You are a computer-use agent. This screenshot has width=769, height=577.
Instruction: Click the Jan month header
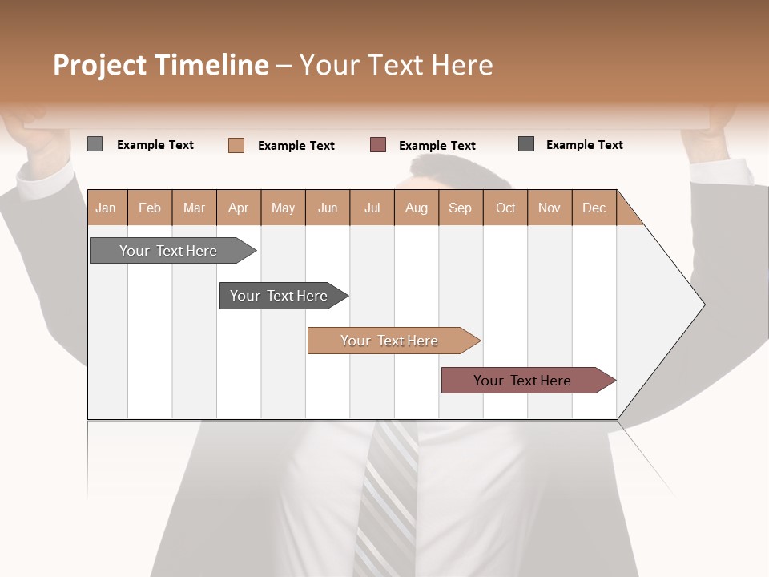106,208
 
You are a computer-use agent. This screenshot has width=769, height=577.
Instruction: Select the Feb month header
150,208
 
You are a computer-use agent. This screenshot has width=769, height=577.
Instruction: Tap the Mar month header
194,208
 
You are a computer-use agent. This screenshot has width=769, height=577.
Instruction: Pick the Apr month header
239,208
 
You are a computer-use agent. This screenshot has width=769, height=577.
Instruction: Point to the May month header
283,208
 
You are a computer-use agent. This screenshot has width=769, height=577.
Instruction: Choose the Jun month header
328,208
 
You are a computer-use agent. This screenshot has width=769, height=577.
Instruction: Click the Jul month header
372,208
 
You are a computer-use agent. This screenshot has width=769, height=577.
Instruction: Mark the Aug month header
417,208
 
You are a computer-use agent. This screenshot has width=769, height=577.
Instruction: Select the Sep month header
461,208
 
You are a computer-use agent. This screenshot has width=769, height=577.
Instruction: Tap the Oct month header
505,208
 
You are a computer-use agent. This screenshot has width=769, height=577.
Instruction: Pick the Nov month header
550,208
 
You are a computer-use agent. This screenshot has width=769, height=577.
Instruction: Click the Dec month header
594,208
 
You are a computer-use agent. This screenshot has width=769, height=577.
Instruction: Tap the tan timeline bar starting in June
390,341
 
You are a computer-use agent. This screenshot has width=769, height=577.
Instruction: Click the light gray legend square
95,144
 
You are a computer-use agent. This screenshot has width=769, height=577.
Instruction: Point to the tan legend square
236,145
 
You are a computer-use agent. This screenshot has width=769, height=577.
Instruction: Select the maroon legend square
378,144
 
